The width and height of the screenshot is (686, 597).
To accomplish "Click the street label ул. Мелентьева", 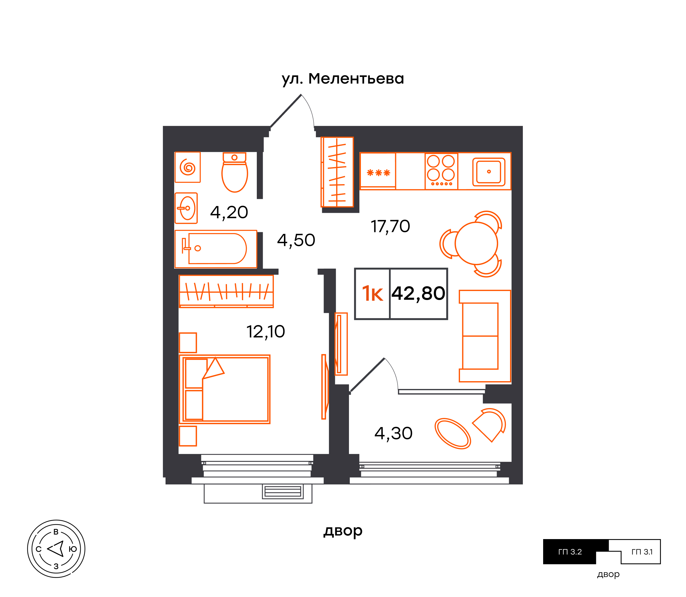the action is [x=342, y=79].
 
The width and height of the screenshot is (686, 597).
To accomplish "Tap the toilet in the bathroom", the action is [x=234, y=172].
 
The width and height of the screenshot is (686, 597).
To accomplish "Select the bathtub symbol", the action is [x=216, y=249].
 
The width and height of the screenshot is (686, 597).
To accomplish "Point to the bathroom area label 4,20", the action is [x=229, y=212].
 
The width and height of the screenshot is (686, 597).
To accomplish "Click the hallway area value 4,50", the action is [x=296, y=240].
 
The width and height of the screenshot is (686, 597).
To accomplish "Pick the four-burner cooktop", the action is [x=441, y=171].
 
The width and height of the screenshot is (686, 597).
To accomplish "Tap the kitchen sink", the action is [x=489, y=172].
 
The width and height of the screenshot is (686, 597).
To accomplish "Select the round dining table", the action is [x=476, y=243].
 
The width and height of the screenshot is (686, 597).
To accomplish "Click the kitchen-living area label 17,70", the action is [x=390, y=227].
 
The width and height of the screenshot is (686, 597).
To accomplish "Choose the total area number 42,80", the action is [x=418, y=293].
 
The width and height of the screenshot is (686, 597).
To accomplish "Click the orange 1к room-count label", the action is [x=372, y=294].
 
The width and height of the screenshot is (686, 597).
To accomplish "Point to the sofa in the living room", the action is [x=485, y=336].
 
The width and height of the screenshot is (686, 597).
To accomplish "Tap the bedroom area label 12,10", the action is [x=266, y=332].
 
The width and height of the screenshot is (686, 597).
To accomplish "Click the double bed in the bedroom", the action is [x=225, y=389].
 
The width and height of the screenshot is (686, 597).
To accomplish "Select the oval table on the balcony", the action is [x=453, y=433].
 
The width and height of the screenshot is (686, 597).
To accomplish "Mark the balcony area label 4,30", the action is [x=393, y=433].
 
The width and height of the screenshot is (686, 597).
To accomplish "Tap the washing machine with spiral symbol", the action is [x=188, y=167].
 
